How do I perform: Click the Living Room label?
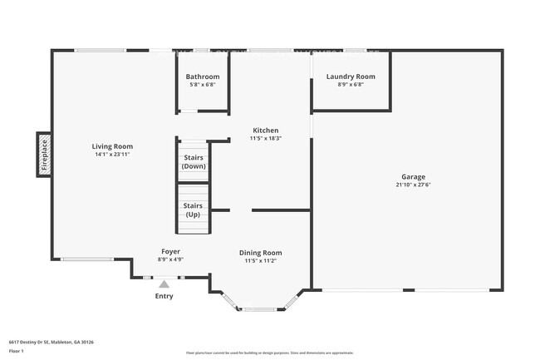coord(112,146)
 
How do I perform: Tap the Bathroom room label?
coord(203,76)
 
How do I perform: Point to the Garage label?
coord(413,176)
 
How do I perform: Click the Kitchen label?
coord(266,131)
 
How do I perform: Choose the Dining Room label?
coord(261,253)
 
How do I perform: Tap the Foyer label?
coord(170,251)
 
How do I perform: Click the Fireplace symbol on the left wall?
coord(45,155)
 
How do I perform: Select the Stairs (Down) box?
coord(194,161)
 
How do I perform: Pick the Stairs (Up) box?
coord(193,210)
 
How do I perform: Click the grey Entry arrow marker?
coord(164,284)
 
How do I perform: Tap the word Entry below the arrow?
coord(164,296)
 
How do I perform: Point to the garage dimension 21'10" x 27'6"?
coord(413,185)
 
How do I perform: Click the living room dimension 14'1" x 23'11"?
coord(112,155)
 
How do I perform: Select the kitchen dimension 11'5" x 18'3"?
coord(266,138)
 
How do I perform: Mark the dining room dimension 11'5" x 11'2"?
coord(261,260)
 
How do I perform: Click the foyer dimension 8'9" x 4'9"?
coord(170,259)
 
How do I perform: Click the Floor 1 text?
coord(17,352)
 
